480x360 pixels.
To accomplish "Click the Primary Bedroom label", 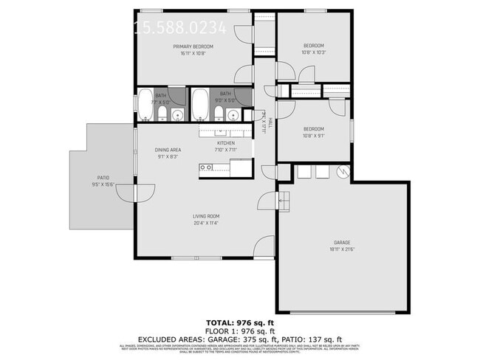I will [193, 46].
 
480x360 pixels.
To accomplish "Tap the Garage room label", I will [341, 243].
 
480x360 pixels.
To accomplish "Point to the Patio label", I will [104, 177].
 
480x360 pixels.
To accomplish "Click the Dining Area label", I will [168, 150].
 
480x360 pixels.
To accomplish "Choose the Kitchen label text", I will [226, 142].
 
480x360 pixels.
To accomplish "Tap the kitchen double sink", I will [208, 167].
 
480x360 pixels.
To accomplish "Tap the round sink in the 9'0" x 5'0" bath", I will [233, 114].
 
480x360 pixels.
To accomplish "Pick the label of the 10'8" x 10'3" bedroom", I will [314, 44].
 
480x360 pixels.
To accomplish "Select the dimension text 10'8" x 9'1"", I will [314, 135].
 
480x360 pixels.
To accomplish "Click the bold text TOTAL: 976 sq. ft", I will [239, 323].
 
